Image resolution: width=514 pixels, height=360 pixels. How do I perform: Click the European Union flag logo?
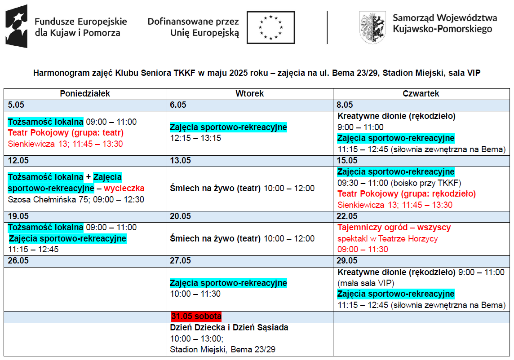point(270,27)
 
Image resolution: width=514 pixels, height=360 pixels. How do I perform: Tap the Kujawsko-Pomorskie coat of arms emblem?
point(373,27)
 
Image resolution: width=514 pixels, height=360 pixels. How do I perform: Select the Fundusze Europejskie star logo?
point(17,26)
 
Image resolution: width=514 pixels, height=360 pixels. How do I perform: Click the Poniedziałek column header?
point(85,94)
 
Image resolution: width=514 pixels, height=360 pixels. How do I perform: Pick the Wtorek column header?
point(249,94)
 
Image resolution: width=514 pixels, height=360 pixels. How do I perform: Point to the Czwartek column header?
point(421,94)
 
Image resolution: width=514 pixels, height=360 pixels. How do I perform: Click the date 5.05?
point(16,105)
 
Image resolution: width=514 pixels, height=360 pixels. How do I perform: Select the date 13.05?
point(180,161)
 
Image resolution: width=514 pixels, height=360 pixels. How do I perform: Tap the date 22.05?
point(347,216)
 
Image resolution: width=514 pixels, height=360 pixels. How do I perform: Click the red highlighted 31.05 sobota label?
point(196,316)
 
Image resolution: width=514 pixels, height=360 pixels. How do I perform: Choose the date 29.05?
point(347,261)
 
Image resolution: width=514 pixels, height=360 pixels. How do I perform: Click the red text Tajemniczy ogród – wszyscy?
point(394,228)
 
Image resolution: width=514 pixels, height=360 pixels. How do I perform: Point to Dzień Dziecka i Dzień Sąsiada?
point(229,328)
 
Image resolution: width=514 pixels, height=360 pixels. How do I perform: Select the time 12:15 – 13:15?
point(195,138)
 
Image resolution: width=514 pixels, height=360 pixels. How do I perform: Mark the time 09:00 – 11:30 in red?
point(363,250)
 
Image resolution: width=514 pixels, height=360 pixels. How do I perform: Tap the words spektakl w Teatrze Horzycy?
point(387,239)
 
